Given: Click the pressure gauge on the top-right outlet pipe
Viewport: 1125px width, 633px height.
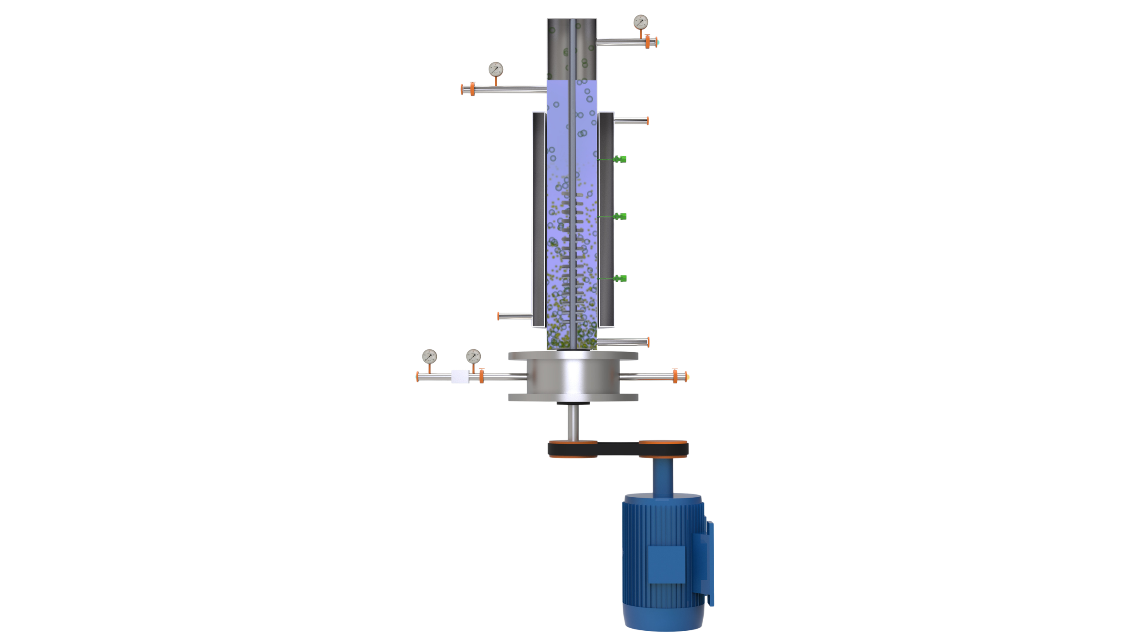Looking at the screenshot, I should tap(641, 22).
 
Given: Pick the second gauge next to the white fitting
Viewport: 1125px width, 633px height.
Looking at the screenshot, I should tap(473, 357).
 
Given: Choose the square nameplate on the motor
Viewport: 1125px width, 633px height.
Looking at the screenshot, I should tap(667, 565).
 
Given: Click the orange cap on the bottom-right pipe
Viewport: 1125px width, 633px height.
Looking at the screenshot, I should tap(676, 376).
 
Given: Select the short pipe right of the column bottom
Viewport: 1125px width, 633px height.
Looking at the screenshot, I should tap(622, 342).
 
